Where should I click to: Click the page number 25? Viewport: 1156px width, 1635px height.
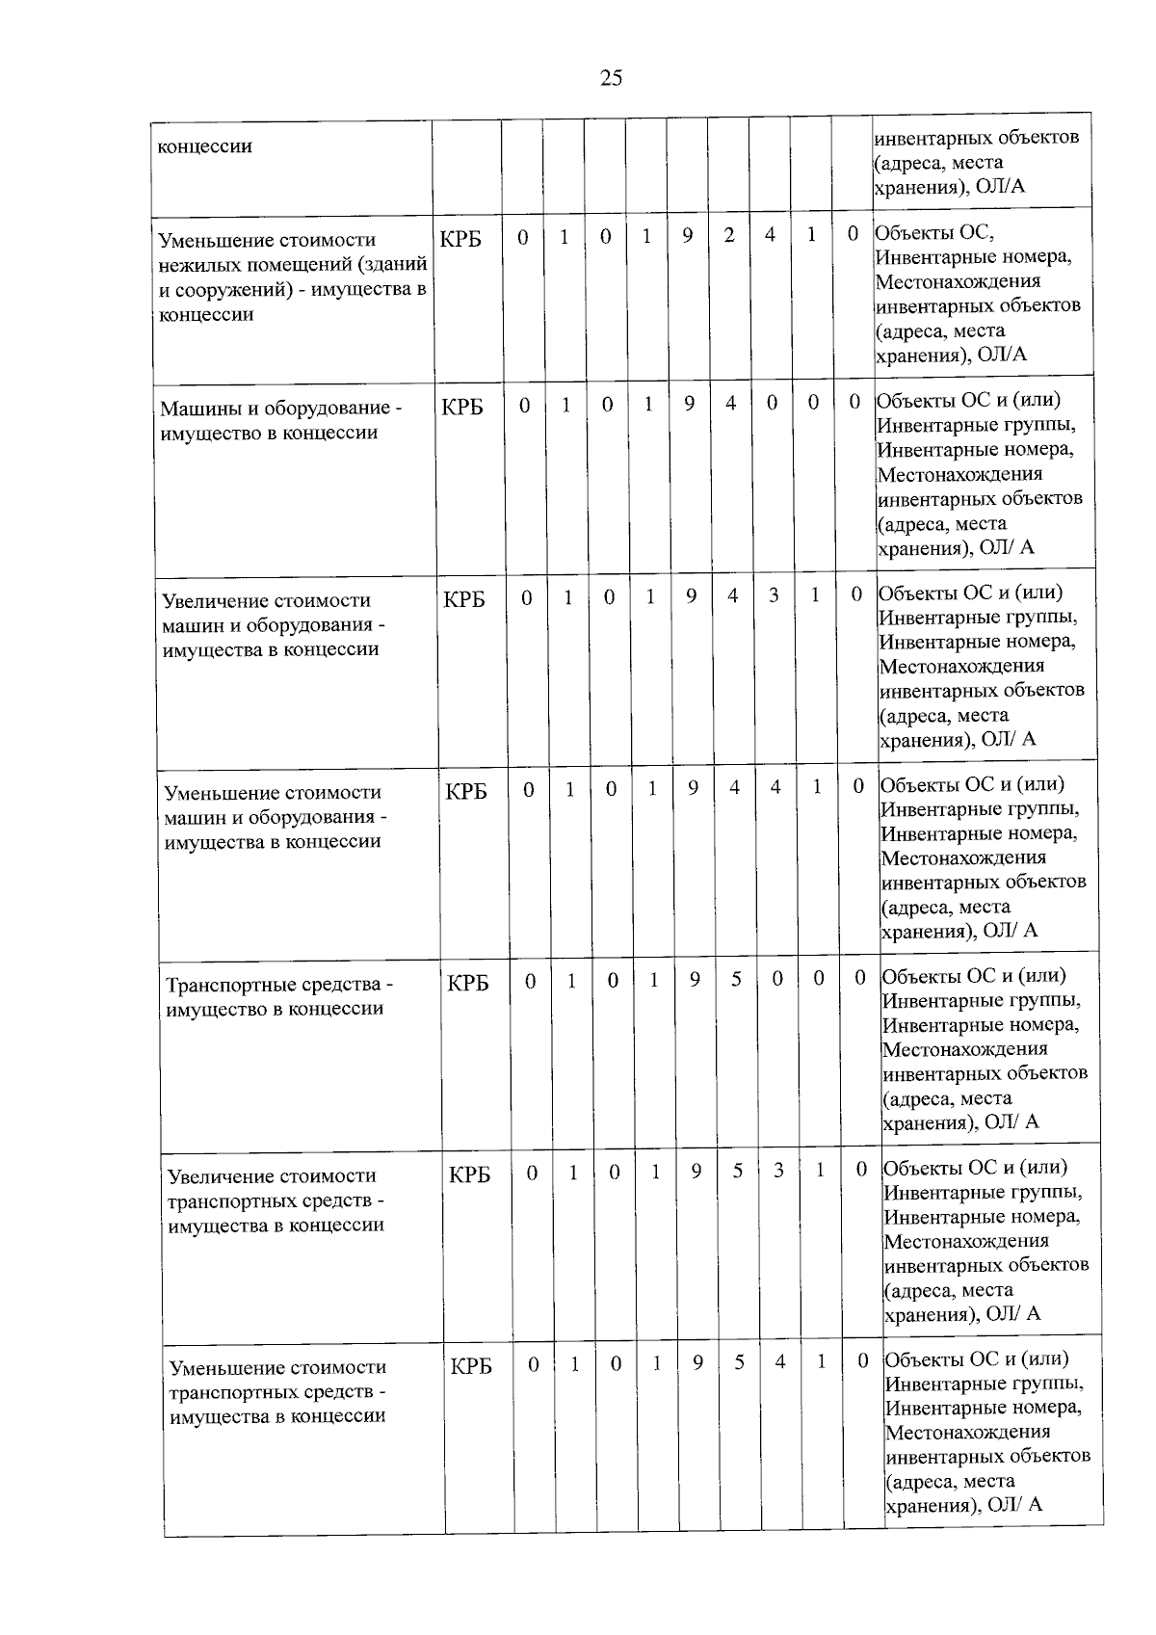point(611,78)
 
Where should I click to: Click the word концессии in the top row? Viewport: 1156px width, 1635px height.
point(204,146)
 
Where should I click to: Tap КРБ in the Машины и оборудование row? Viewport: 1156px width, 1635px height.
point(462,408)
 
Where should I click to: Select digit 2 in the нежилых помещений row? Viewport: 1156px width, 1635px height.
point(729,235)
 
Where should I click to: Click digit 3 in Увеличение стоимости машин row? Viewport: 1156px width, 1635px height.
point(774,596)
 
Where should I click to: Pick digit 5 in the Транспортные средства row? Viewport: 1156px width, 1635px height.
point(736,979)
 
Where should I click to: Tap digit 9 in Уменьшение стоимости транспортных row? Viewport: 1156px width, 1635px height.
point(697,1362)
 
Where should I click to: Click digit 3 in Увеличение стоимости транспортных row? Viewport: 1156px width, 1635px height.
point(778,1171)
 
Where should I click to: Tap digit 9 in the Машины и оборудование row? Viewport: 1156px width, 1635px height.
point(690,405)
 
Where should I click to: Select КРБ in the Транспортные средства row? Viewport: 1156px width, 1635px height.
point(467,984)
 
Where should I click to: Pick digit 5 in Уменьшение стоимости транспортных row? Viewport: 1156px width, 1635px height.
point(739,1362)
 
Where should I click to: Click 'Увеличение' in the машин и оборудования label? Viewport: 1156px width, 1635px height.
point(213,601)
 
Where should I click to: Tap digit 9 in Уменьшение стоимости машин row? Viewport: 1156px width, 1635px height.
point(693,787)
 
